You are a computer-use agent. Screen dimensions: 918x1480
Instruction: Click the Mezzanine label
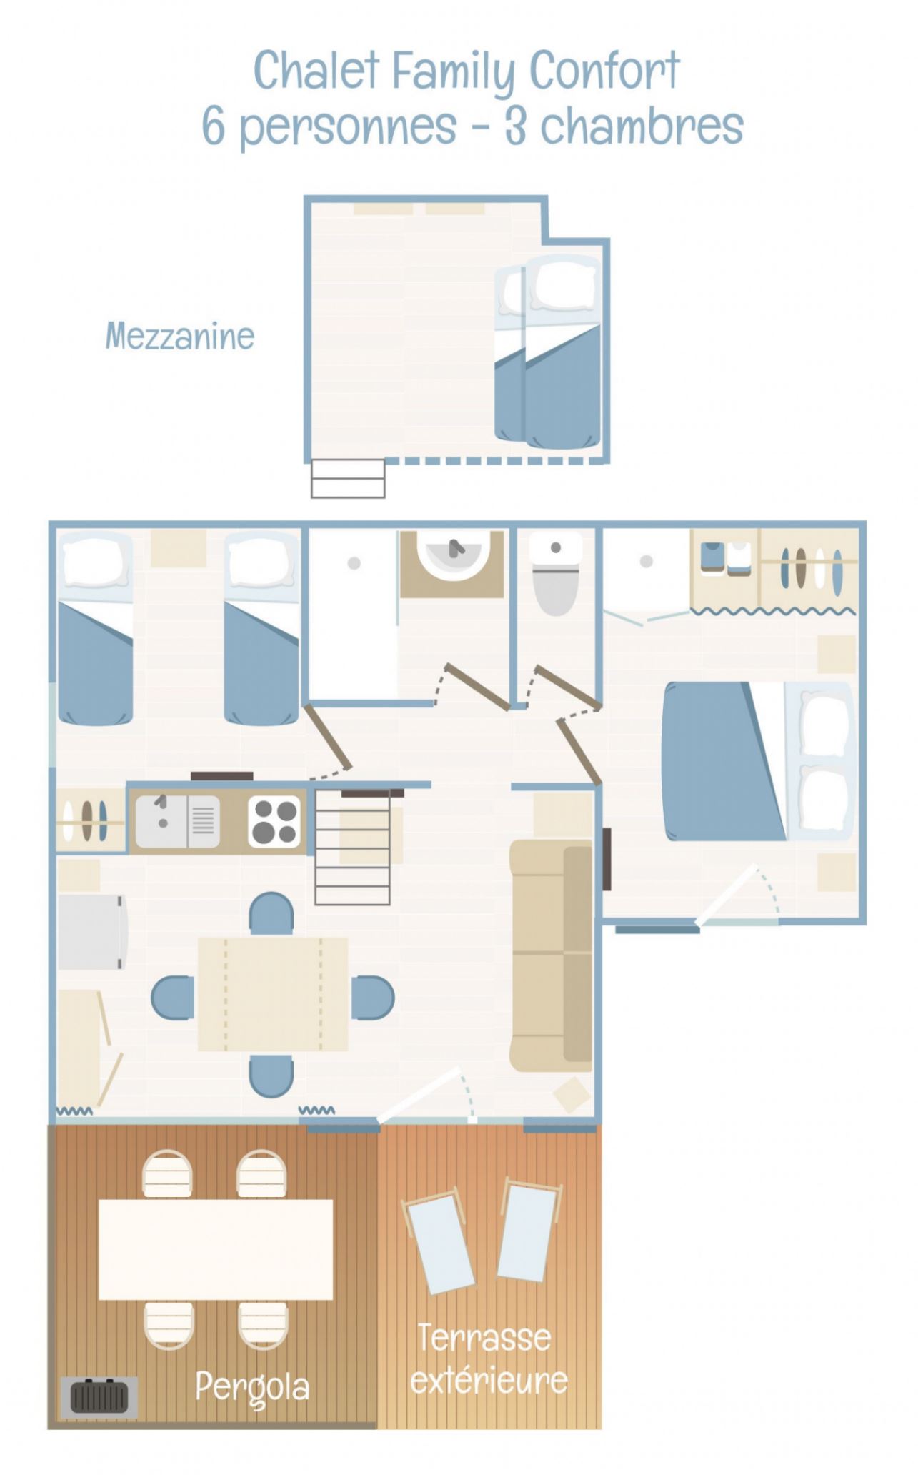[180, 336]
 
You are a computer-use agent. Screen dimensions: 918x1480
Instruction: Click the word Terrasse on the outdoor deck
[484, 1337]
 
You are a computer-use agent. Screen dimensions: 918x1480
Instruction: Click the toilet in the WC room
[556, 574]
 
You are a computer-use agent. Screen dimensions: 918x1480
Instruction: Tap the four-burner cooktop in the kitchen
[275, 821]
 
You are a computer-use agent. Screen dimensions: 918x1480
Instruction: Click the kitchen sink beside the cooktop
[178, 821]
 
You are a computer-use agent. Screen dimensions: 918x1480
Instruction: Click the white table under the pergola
[216, 1249]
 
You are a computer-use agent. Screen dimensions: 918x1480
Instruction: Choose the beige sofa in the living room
[551, 955]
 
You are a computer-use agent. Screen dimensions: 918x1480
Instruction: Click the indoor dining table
[273, 993]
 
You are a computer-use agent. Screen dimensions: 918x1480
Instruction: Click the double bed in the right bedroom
[758, 760]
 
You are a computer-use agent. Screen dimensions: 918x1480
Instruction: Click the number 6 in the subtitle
[214, 126]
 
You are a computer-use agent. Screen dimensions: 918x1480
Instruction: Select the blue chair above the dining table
[271, 913]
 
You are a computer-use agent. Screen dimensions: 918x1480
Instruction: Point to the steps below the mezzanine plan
[348, 478]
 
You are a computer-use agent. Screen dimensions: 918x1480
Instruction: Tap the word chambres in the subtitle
[642, 126]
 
